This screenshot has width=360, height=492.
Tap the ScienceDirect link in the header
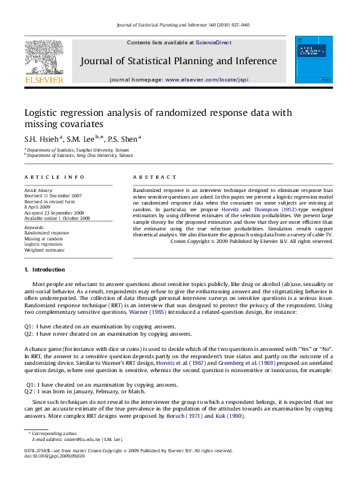pyautogui.click(x=214, y=42)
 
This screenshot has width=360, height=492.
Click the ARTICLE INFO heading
pyautogui.click(x=54, y=177)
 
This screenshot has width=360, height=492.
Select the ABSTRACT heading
pyautogui.click(x=155, y=177)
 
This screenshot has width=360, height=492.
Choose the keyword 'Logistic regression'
pyautogui.click(x=44, y=244)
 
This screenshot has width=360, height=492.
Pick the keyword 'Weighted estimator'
pyautogui.click(x=45, y=250)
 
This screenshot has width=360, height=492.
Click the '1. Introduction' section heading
pyautogui.click(x=44, y=270)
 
